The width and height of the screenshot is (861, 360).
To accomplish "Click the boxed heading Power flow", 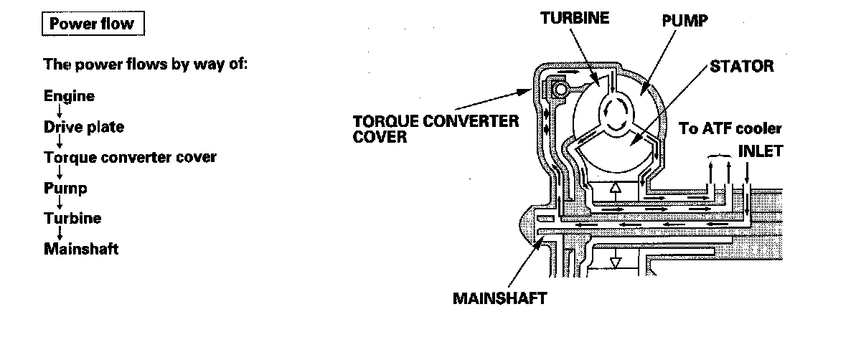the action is coord(92,24).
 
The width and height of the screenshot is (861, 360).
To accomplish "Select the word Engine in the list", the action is coord(69,96).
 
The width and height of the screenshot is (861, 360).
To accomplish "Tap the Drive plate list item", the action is coord(84,128).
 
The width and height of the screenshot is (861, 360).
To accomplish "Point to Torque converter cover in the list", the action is coord(130,157).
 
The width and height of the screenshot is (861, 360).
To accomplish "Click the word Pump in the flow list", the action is coord(65,188).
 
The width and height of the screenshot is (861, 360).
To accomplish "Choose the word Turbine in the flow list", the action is coord(72,219).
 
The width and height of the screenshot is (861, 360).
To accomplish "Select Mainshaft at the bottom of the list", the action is coord(81,250).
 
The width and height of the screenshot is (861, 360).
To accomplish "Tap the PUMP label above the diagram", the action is coord(684,21).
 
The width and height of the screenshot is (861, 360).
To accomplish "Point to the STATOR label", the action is coord(742,67).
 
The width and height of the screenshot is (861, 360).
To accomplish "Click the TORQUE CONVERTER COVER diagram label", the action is coord(436,128).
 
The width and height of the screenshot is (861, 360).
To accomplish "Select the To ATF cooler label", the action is coord(730,129).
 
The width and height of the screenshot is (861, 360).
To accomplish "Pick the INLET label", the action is coord(761,151).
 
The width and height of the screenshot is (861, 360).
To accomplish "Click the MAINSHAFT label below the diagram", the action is coord(499,298).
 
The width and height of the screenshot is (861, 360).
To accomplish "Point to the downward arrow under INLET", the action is coord(748,174).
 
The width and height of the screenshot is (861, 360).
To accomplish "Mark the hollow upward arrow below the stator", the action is coord(613,191).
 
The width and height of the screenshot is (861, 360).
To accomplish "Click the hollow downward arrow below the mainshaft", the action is coord(613,259).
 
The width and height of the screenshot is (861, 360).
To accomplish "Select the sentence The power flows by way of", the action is coord(146,64).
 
